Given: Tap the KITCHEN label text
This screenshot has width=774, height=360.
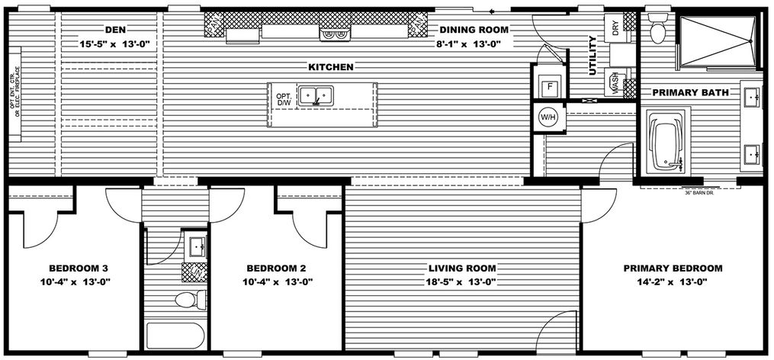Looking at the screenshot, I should pyautogui.click(x=330, y=67).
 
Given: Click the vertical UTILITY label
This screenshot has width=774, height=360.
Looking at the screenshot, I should pyautogui.click(x=593, y=56).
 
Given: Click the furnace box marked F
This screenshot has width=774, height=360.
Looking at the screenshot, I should pyautogui.click(x=548, y=86).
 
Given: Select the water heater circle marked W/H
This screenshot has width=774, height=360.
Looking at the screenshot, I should pyautogui.click(x=548, y=117).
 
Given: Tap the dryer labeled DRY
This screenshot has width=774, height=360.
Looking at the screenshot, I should pyautogui.click(x=614, y=28).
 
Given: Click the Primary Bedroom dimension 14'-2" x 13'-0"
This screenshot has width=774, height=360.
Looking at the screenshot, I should pyautogui.click(x=672, y=281).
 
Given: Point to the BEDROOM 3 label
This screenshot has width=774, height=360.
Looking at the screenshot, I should pyautogui.click(x=79, y=268).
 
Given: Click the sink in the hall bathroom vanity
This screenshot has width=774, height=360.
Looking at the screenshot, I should pyautogui.click(x=196, y=246).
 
